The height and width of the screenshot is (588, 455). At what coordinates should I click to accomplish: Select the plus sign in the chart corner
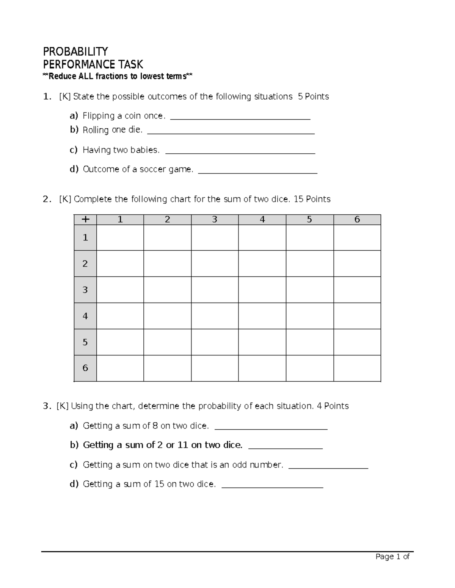pos(85,220)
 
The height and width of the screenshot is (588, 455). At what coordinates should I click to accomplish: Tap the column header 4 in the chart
pos(262,220)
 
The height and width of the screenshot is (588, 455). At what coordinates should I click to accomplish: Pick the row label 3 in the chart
pos(85,290)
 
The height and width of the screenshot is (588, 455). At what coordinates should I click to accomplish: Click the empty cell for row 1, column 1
pos(120,238)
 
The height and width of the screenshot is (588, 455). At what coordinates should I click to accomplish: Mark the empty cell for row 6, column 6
pos(357,368)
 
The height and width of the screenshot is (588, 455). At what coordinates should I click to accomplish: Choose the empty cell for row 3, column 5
pos(309,290)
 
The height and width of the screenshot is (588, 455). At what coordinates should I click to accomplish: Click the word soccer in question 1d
pos(153,169)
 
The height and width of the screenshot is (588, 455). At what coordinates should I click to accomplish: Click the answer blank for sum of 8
pos(271,428)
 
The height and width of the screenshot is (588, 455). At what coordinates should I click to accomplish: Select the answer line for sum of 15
pos(272,487)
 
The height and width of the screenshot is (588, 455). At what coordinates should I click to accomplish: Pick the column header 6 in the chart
pos(357,220)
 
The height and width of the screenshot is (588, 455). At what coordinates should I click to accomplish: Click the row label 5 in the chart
pos(85,342)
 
